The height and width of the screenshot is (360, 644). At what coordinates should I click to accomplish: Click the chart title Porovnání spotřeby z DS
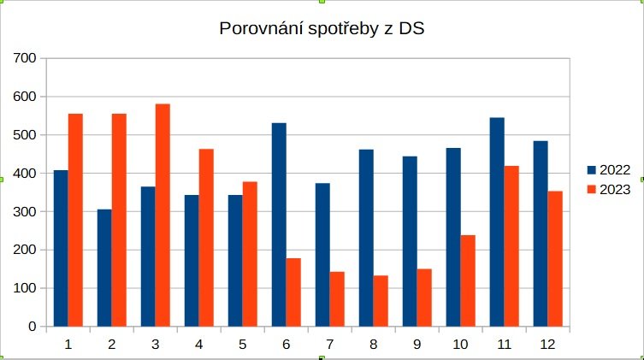[322, 29]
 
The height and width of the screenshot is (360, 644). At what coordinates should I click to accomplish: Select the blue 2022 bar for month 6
[279, 224]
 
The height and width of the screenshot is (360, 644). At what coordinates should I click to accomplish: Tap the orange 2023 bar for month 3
[162, 215]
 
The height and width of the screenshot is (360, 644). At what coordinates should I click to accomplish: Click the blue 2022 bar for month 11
[497, 221]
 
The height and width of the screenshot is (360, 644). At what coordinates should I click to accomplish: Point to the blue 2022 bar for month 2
[104, 268]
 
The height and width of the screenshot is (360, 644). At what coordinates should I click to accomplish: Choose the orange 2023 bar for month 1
[75, 220]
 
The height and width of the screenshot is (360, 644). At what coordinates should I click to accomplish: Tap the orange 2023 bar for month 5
[250, 254]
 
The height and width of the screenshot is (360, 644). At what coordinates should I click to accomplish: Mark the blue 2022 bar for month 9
[410, 241]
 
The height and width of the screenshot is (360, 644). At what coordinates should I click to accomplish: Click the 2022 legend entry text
[615, 170]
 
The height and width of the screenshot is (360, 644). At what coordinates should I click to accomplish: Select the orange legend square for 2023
[591, 190]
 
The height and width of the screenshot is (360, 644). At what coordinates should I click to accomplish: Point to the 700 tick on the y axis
[26, 58]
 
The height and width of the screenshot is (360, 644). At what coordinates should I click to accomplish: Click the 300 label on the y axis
[26, 211]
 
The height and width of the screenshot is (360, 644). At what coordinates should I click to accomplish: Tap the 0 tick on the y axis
[32, 327]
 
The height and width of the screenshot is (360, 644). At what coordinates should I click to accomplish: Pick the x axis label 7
[329, 345]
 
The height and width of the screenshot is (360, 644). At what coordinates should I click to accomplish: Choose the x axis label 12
[548, 345]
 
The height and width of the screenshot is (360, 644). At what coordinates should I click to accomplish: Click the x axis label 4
[198, 345]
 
